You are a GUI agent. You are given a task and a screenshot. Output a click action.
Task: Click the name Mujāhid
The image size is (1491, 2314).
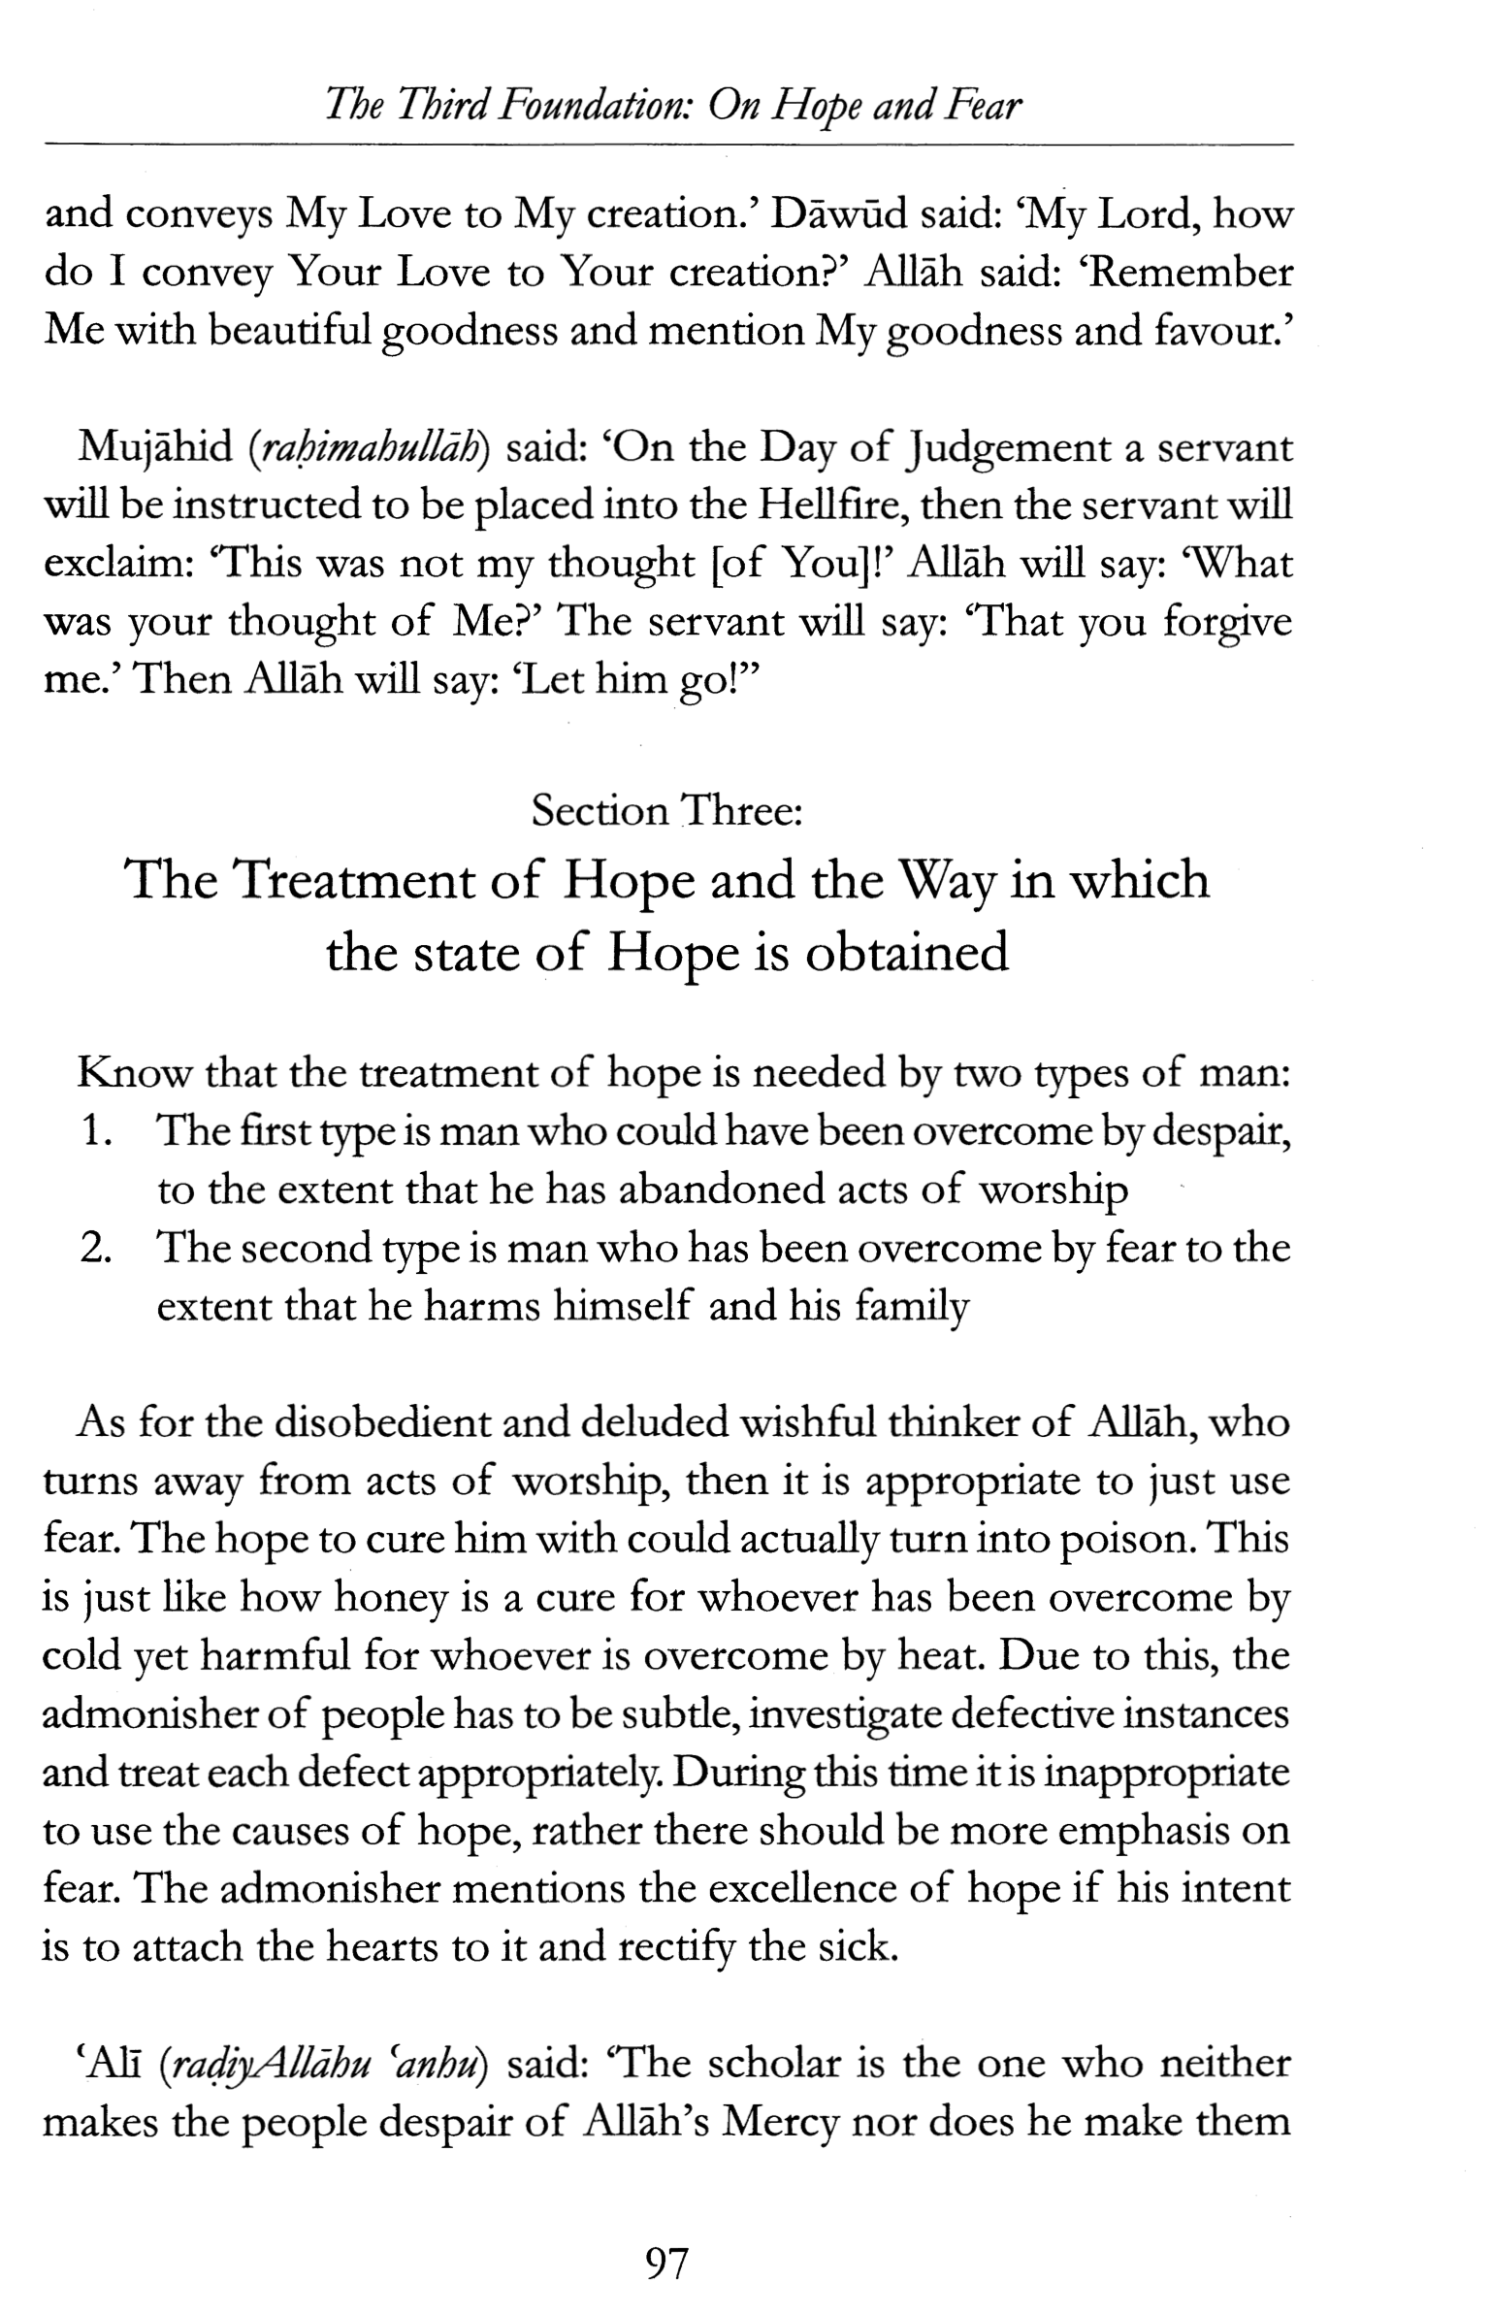(154, 447)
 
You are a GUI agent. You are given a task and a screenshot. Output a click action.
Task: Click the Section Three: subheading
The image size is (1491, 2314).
(667, 810)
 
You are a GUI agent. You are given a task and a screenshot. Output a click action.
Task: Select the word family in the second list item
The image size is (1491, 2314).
(911, 1308)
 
